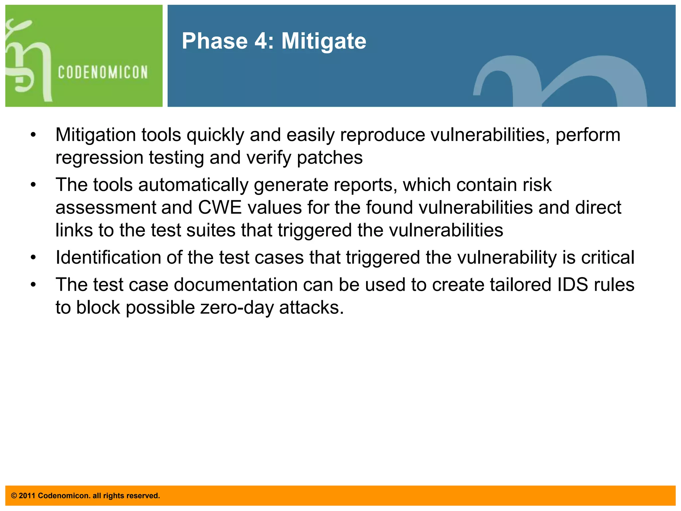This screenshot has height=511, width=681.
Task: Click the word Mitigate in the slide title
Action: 324,41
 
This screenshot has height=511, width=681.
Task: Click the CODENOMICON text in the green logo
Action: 103,72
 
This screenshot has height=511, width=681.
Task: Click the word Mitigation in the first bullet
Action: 95,135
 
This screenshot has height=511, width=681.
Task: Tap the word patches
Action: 330,158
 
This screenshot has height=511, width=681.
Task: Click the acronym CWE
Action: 219,208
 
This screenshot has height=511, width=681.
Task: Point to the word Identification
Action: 108,257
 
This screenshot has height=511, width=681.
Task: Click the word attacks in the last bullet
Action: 311,307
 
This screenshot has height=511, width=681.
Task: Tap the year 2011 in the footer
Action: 27,496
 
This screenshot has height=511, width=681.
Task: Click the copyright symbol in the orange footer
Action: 14,496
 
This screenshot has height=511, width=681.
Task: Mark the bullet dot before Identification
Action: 33,257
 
